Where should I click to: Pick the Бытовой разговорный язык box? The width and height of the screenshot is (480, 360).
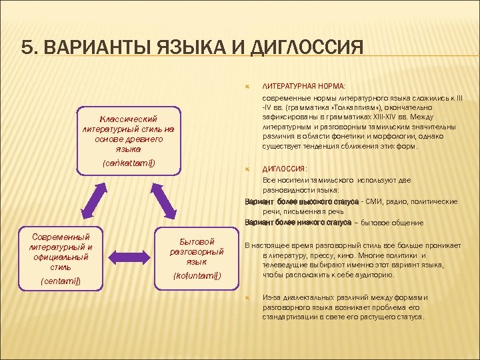pos(197,259)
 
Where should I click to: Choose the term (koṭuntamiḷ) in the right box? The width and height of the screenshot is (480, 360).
pos(197,275)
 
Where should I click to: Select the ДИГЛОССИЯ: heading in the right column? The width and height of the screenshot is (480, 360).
pos(285,169)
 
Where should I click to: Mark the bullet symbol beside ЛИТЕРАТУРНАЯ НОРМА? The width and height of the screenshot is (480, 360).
pos(248,86)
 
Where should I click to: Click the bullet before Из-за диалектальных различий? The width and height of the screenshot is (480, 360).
pos(248,297)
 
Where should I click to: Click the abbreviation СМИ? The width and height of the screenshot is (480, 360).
pos(381,201)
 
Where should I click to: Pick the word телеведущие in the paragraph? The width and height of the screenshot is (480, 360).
pos(285,264)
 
